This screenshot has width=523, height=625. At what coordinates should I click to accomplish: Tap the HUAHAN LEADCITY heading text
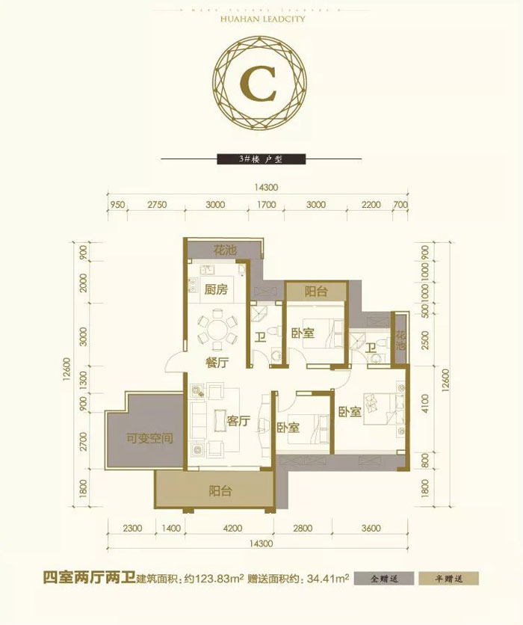coord(261,20)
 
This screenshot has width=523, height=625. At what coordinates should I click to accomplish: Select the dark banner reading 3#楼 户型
coord(261,158)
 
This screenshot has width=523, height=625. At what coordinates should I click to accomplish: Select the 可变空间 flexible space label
coord(149,438)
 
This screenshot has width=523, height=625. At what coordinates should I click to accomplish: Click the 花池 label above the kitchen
coord(225,250)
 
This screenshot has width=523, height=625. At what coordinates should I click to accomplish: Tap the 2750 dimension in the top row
coord(155,204)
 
